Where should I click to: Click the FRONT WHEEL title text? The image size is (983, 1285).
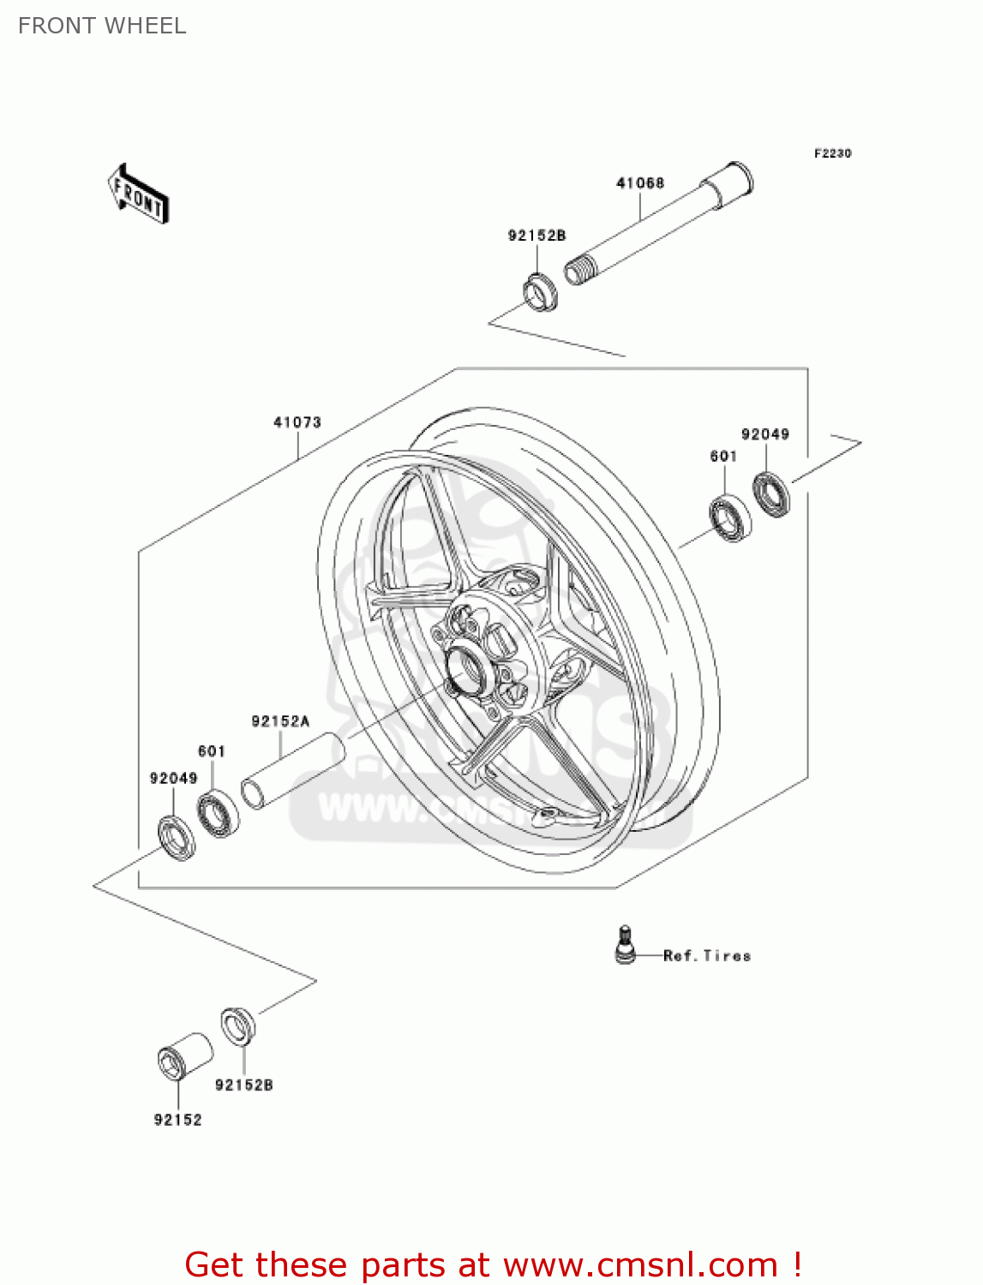(x=102, y=26)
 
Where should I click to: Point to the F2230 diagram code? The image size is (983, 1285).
(x=832, y=153)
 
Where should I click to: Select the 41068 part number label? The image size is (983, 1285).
(x=640, y=182)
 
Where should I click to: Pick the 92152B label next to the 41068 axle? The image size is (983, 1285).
(x=536, y=236)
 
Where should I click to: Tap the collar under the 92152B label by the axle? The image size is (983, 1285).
(x=540, y=292)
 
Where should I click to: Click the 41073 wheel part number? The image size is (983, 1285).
(x=297, y=422)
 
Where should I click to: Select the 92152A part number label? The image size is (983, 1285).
(x=280, y=721)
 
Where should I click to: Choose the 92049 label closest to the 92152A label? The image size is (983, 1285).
(x=173, y=778)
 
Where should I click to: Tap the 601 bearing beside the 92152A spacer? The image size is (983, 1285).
(x=218, y=814)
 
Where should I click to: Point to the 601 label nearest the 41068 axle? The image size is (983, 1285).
(x=723, y=457)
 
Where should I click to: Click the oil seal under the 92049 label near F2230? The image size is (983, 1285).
(x=771, y=494)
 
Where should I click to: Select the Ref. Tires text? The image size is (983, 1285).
(x=707, y=955)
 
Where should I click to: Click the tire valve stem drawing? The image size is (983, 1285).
(x=626, y=945)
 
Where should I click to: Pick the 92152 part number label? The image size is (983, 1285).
(x=177, y=1120)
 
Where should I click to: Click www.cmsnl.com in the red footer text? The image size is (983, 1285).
(x=640, y=1264)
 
